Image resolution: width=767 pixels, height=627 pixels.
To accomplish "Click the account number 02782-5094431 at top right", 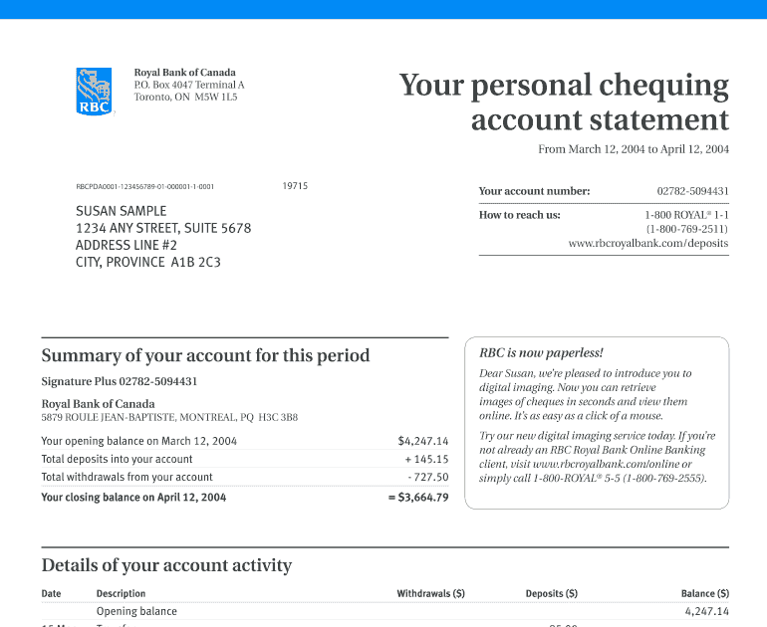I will (692, 191).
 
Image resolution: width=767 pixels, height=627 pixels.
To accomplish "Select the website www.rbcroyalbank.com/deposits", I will (647, 243).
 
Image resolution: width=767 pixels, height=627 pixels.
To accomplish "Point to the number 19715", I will (295, 186).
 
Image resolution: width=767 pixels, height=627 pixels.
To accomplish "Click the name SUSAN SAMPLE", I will (122, 211).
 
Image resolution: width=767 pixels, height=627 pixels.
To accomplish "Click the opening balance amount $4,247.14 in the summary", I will (422, 441).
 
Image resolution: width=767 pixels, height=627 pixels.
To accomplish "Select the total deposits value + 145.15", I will (426, 460).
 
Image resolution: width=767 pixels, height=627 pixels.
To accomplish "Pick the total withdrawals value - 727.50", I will (427, 478).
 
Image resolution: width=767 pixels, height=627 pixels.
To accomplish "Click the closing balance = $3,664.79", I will (418, 497).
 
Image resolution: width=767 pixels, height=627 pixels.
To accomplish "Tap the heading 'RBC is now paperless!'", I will (541, 352).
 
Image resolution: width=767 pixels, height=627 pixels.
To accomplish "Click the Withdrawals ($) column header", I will (430, 594).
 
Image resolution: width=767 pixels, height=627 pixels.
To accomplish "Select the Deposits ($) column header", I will (551, 594).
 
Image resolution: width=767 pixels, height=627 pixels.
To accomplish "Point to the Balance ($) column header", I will (704, 594).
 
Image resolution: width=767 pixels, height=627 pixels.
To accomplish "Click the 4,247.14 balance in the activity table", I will (706, 612).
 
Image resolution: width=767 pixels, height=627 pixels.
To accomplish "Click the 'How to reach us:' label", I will (519, 215).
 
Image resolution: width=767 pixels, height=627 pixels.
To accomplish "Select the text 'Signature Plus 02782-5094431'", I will (120, 381).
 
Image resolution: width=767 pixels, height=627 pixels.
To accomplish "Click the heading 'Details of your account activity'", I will (166, 565).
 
